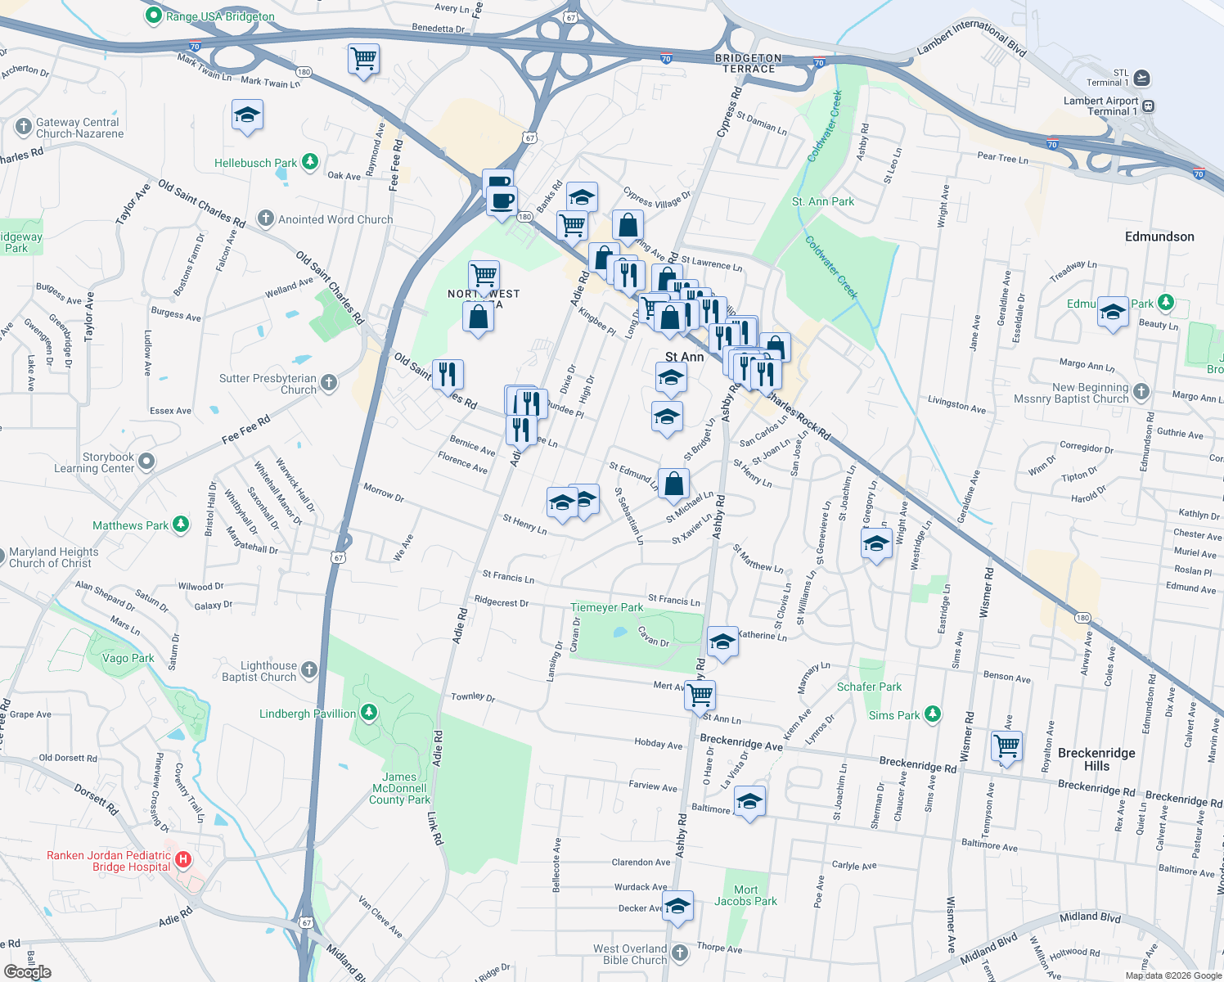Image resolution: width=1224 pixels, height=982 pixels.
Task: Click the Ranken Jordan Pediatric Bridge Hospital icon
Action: [x=183, y=859]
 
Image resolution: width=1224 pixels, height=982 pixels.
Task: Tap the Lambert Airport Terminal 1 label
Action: [x=1100, y=106]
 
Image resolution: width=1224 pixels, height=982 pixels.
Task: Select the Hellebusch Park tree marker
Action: [x=309, y=162]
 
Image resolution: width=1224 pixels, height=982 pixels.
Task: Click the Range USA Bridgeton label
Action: [x=220, y=16]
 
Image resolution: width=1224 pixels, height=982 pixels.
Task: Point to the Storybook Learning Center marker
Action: [x=146, y=462]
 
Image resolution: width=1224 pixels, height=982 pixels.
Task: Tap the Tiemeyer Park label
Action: [x=607, y=607]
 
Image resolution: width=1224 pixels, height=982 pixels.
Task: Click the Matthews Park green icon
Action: [x=181, y=525]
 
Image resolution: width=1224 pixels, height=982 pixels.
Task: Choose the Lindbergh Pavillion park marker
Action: [x=369, y=713]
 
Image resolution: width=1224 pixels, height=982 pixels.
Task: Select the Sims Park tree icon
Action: [x=932, y=714]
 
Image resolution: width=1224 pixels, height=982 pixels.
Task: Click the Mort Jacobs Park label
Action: [x=745, y=895]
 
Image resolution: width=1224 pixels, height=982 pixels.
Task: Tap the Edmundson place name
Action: [x=1159, y=236]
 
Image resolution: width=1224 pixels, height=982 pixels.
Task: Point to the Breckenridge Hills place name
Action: [x=1096, y=759]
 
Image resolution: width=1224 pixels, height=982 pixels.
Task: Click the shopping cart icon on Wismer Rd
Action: [x=1006, y=746]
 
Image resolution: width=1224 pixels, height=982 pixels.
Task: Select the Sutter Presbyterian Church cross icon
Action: [x=328, y=382]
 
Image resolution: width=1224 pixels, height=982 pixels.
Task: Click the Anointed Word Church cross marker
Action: [x=265, y=218]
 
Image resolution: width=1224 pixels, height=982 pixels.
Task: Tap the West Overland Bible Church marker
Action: [x=680, y=953]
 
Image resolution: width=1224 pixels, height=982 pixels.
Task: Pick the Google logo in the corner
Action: [x=28, y=971]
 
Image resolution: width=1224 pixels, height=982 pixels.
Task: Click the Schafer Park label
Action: [x=869, y=687]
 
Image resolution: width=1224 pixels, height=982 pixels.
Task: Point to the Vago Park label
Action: [x=128, y=658]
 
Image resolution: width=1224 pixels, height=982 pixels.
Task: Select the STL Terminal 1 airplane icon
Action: [x=1142, y=78]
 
